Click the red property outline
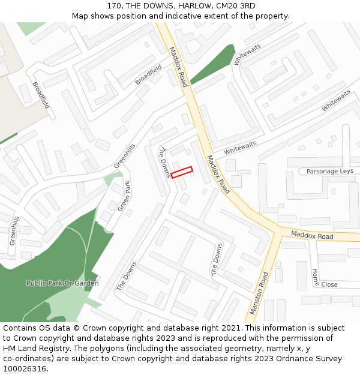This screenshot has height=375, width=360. click(x=182, y=172)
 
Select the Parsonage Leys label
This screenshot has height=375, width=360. click(x=330, y=171)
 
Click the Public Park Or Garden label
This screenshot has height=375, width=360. click(x=62, y=283)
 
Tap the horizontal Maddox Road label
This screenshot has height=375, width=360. click(x=312, y=236)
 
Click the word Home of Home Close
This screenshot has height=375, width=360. click(x=316, y=276)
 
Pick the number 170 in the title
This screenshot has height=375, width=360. click(x=115, y=6)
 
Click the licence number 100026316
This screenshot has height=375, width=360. click(x=25, y=369)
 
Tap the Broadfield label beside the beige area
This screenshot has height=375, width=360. click(x=41, y=95)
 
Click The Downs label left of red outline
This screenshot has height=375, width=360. click(x=165, y=163)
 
